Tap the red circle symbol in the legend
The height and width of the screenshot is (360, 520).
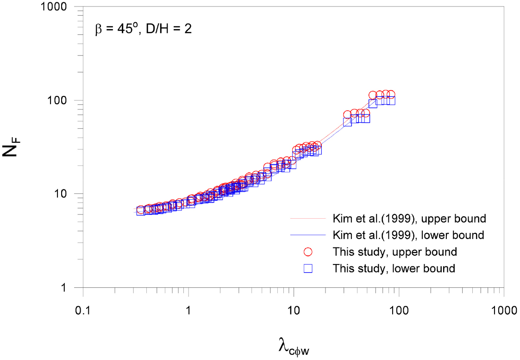click(x=308, y=252)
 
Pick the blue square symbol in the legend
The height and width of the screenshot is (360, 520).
click(x=308, y=268)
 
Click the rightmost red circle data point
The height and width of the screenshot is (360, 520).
click(x=391, y=95)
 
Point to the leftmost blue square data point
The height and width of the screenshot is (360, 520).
click(x=141, y=212)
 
